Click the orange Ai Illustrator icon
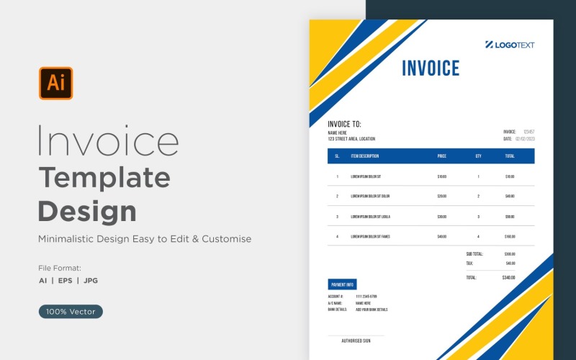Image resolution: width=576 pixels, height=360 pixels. (x=55, y=84)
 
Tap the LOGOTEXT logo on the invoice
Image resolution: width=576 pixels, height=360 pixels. (x=510, y=45)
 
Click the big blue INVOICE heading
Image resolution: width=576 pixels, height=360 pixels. (x=431, y=68)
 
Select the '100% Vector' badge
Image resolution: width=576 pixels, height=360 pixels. (x=71, y=312)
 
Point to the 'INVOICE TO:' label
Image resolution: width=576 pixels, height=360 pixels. (x=344, y=124)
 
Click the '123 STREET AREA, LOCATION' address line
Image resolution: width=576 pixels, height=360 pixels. (x=351, y=139)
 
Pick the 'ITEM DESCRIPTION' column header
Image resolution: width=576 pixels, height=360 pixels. (x=365, y=156)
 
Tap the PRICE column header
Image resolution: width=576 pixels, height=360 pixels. (x=441, y=156)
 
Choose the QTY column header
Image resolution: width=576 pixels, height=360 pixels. (x=478, y=156)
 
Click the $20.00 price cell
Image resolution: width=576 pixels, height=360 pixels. (x=441, y=196)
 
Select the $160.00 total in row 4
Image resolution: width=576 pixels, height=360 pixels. (x=510, y=236)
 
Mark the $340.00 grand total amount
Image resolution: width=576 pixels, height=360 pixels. (x=509, y=277)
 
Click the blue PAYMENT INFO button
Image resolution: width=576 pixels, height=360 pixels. (x=342, y=284)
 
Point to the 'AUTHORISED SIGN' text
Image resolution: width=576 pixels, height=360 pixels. (x=356, y=341)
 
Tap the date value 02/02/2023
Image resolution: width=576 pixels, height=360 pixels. (x=525, y=139)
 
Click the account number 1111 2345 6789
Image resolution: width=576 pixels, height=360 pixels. (x=366, y=297)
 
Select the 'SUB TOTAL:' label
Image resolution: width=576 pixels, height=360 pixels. (x=474, y=254)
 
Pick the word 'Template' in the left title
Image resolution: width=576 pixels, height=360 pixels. (x=104, y=177)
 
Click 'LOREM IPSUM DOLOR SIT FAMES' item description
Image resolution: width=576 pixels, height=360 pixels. (x=370, y=236)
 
